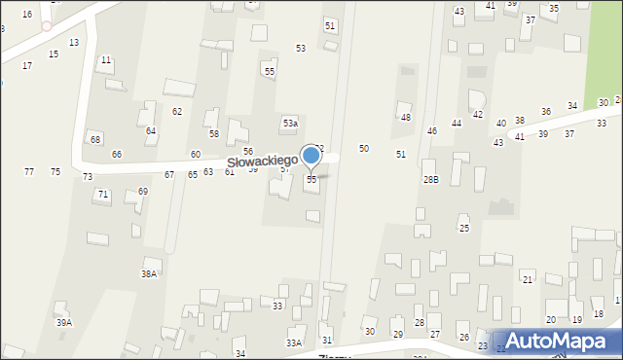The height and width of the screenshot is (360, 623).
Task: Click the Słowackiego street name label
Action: [x=262, y=162]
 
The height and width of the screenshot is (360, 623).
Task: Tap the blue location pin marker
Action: [x=311, y=156]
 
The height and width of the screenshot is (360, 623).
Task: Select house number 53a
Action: [x=290, y=124]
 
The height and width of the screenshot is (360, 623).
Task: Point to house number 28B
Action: [x=430, y=180]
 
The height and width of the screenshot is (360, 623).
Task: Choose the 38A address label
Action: [x=149, y=274]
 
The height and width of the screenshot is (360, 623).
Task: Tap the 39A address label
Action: [x=64, y=322]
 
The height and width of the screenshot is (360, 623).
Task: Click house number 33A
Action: [x=293, y=343]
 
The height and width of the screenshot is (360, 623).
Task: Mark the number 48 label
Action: [x=406, y=118]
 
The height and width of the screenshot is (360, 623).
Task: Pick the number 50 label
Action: [x=364, y=148]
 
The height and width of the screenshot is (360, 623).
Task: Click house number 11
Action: [x=105, y=60]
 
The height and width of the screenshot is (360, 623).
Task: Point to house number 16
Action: [x=27, y=14]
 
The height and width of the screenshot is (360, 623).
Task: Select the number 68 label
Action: [x=95, y=139]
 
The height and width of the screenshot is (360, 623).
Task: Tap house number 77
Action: [x=29, y=171]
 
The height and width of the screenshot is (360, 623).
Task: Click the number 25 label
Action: [x=464, y=228]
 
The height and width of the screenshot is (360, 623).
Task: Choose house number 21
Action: [x=528, y=279]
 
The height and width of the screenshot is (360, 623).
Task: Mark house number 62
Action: [x=177, y=111]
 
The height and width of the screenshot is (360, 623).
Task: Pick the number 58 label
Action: [x=214, y=133]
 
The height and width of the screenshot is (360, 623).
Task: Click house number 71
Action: [x=102, y=195]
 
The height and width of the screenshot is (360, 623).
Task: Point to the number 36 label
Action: [x=546, y=112]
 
